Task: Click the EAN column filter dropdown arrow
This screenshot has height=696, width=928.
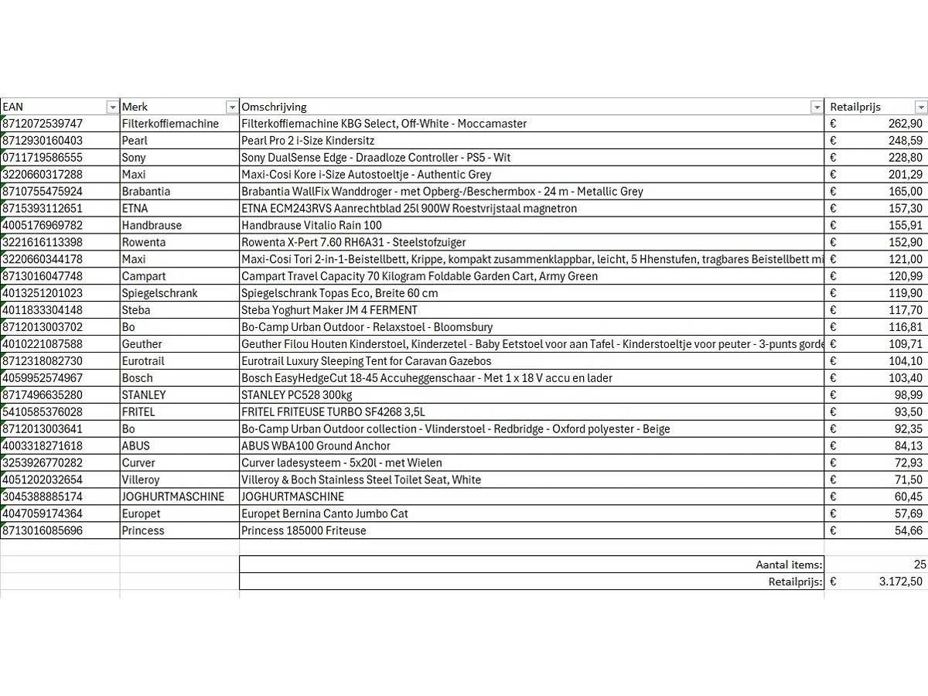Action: pyautogui.click(x=113, y=107)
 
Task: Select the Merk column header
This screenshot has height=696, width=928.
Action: pyautogui.click(x=135, y=107)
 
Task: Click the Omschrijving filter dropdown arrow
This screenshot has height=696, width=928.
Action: pyautogui.click(x=817, y=107)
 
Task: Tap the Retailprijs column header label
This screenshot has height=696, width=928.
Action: pyautogui.click(x=855, y=107)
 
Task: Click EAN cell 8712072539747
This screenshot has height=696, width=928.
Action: pyautogui.click(x=43, y=124)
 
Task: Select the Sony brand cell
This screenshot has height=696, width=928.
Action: pyautogui.click(x=134, y=158)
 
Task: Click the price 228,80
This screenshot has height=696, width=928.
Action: pyautogui.click(x=905, y=158)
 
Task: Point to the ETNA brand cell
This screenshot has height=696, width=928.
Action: pyautogui.click(x=135, y=209)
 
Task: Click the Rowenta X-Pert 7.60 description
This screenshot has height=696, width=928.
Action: pyautogui.click(x=353, y=243)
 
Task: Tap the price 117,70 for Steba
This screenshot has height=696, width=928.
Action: pyautogui.click(x=905, y=310)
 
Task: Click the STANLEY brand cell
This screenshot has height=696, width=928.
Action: pyautogui.click(x=144, y=395)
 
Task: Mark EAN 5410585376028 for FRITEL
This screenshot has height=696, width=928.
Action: pyautogui.click(x=43, y=412)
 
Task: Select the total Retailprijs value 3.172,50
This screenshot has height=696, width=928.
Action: pyautogui.click(x=900, y=582)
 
